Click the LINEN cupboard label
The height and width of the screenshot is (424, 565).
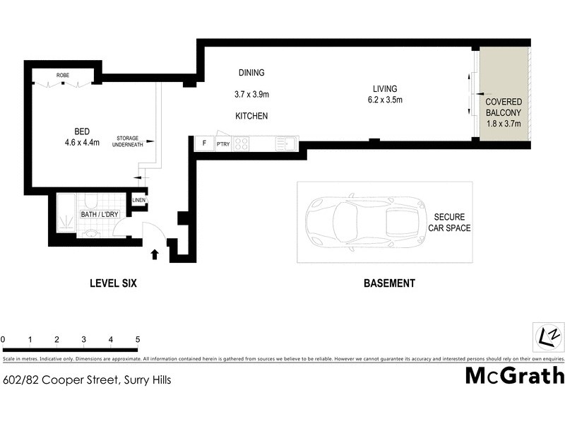tap(138, 201)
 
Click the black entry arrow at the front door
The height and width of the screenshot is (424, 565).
tap(155, 253)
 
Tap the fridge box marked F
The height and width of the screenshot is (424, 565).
tap(204, 143)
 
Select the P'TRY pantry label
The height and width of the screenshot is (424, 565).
tap(223, 144)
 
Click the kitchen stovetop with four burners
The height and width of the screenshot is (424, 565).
tap(241, 143)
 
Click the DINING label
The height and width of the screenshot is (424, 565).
tap(251, 73)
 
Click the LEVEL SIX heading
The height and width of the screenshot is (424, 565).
tap(112, 283)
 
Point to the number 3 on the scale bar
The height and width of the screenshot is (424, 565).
tap(83, 340)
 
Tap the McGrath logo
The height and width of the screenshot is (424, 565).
tap(514, 375)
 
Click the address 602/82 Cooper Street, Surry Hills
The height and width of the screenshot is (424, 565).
tap(87, 379)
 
